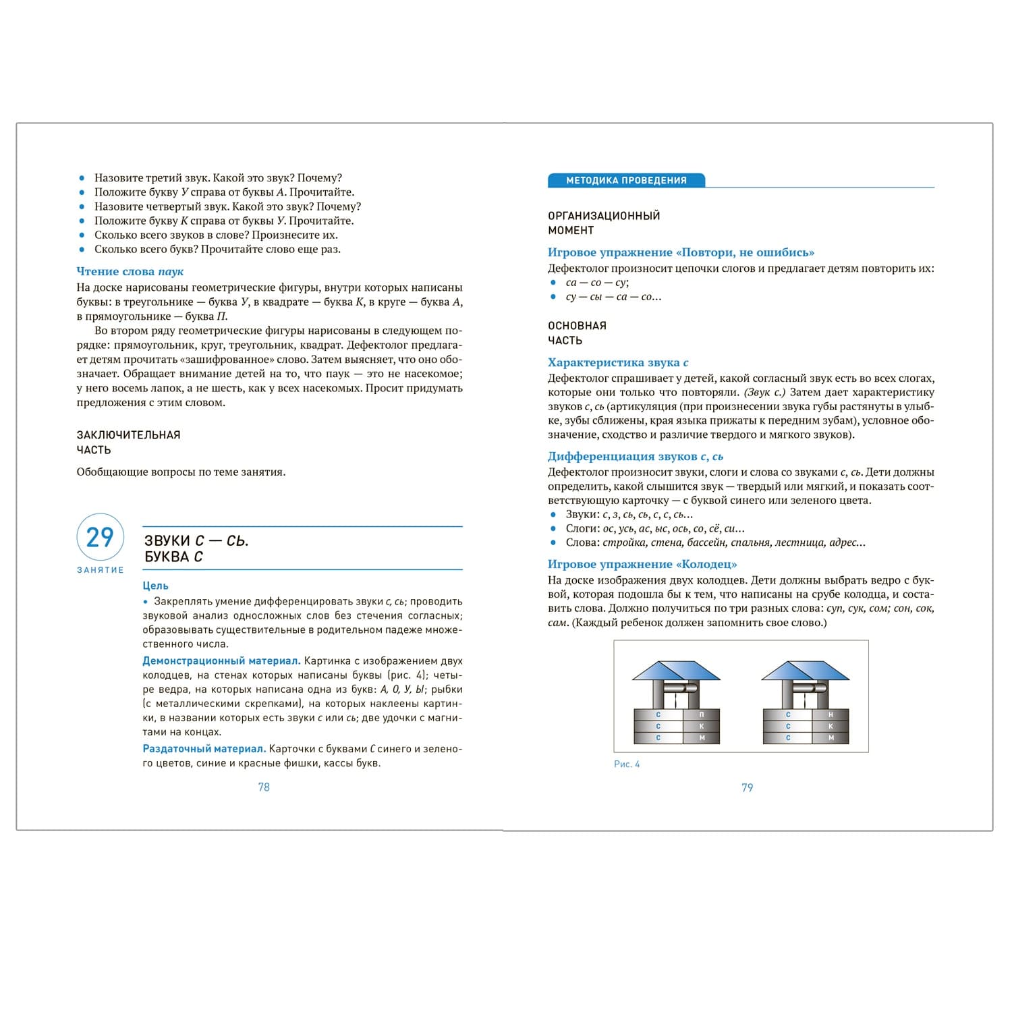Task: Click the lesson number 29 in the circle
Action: [x=100, y=537]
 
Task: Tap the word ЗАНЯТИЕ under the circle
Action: [x=100, y=570]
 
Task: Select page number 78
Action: [x=264, y=787]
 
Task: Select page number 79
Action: [x=747, y=787]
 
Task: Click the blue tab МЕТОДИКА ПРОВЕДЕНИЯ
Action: [x=626, y=180]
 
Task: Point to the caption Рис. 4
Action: [x=627, y=764]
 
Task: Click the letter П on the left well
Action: [x=702, y=714]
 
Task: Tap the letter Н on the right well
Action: [x=831, y=714]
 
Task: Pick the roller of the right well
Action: [x=810, y=689]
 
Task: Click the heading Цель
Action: [x=155, y=586]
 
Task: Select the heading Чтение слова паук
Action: [x=130, y=271]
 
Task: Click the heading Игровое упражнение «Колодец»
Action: [x=642, y=564]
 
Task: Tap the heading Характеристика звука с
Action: [x=618, y=362]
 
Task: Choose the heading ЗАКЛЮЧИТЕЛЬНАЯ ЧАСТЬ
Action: [x=128, y=442]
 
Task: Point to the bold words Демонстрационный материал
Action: [x=221, y=661]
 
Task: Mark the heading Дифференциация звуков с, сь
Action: [x=635, y=456]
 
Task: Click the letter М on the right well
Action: [x=831, y=738]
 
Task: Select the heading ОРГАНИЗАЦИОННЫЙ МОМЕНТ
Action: [x=603, y=223]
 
